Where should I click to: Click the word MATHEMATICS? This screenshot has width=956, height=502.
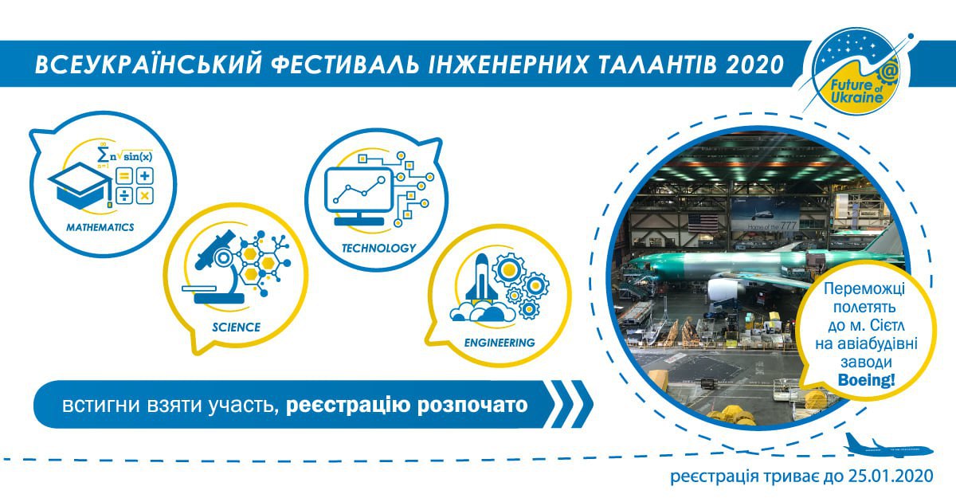[x=100, y=227]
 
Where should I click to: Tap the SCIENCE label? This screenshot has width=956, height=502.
[x=236, y=327]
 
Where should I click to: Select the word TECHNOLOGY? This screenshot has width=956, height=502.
[x=378, y=248]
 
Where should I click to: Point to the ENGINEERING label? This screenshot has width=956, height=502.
[x=500, y=343]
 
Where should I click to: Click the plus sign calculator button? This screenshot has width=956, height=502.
[x=145, y=175]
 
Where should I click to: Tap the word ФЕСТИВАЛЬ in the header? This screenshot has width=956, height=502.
[x=343, y=65]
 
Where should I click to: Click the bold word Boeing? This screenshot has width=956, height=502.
[x=866, y=379]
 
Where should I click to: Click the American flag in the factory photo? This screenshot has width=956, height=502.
[x=703, y=222]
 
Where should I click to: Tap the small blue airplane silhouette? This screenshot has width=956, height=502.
[x=887, y=445]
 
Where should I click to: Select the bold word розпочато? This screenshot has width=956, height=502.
[x=472, y=405]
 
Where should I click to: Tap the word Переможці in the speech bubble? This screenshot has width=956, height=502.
[x=864, y=289]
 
